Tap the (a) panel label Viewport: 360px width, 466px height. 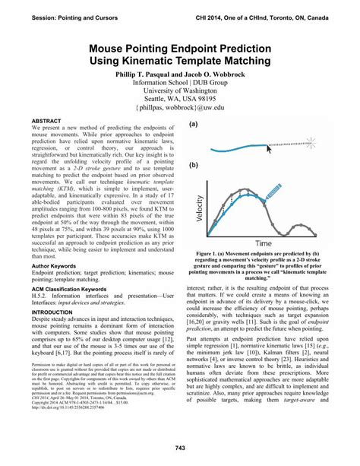coord(194,122)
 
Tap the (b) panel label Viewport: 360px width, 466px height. coord(194,164)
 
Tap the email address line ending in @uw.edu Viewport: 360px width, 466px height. coord(180,109)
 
